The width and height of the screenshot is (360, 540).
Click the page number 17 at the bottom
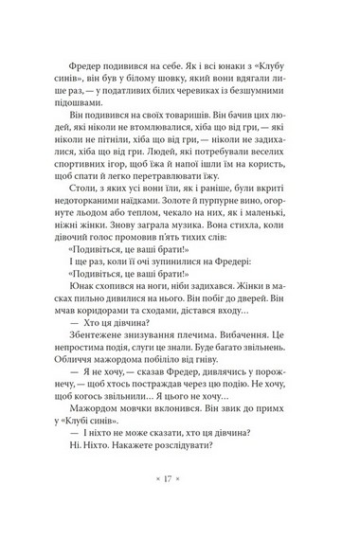[x=180, y=494]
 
